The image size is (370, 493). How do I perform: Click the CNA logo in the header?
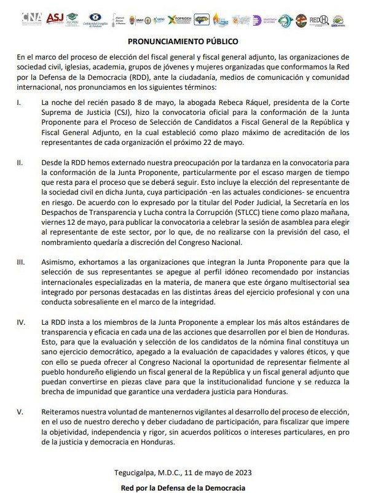coord(31,18)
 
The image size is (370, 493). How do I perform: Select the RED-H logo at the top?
coord(318,20)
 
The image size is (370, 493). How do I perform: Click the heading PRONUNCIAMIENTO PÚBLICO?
coord(184,42)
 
